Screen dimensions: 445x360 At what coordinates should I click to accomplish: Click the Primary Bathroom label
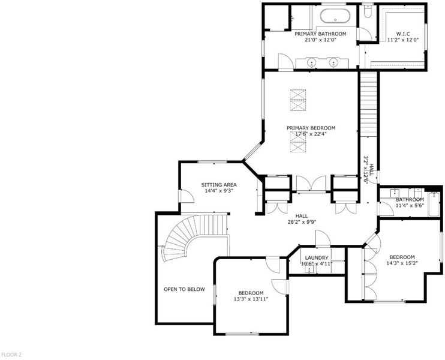point(320,34)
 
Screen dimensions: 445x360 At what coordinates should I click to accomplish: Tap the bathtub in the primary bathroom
point(335,16)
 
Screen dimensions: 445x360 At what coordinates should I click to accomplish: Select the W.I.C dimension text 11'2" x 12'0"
point(403,40)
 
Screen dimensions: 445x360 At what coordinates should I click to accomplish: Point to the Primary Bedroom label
point(311,128)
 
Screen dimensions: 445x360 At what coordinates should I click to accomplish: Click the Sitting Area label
point(219,185)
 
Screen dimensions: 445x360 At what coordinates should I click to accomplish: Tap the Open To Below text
point(184,289)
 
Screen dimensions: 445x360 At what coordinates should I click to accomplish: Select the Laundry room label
point(317,258)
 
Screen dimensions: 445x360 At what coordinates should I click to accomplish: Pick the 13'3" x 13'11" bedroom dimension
point(251,299)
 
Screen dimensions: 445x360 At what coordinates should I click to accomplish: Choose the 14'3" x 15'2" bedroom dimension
point(402,263)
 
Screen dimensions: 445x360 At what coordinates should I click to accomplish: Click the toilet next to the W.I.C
point(368,12)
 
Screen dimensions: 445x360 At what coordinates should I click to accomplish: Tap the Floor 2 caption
point(11,355)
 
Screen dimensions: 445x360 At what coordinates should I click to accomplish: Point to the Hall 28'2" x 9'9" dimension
point(302,223)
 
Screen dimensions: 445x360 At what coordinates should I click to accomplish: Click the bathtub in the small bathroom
point(434,204)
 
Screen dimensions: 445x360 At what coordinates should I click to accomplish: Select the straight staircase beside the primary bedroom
point(368,104)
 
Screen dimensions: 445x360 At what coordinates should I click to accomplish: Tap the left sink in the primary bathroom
point(312,62)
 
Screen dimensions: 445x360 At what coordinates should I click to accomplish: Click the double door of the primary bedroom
point(311,184)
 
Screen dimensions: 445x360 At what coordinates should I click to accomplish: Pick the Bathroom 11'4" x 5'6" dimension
point(410,205)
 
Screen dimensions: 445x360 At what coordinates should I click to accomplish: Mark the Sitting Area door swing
point(187,196)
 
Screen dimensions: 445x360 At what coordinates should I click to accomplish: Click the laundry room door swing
point(323,238)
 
